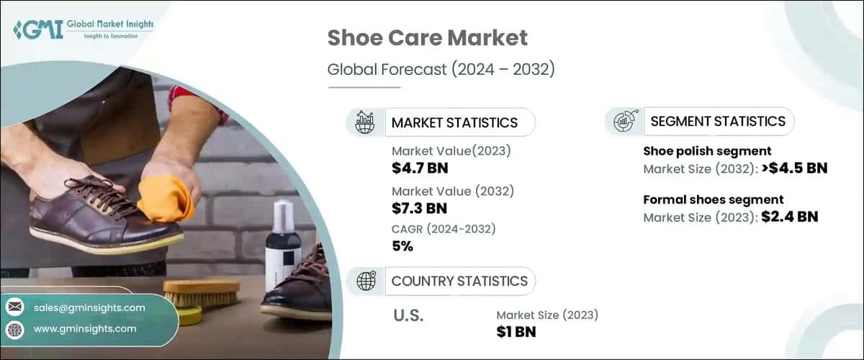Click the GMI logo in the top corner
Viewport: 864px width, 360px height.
82,30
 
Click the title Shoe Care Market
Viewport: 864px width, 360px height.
428,38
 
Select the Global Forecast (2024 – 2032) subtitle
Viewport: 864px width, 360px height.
441,71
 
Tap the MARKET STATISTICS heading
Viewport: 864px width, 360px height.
454,122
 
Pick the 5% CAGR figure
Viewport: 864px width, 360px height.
402,246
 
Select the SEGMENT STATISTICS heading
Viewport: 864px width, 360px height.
718,122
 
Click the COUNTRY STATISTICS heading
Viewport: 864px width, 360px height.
459,281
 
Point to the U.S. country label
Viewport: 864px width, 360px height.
408,315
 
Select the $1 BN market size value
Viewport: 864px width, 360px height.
516,331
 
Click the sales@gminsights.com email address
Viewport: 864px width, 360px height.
89,307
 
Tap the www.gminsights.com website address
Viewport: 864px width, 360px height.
85,329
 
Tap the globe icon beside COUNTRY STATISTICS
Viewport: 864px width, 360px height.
366,281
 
